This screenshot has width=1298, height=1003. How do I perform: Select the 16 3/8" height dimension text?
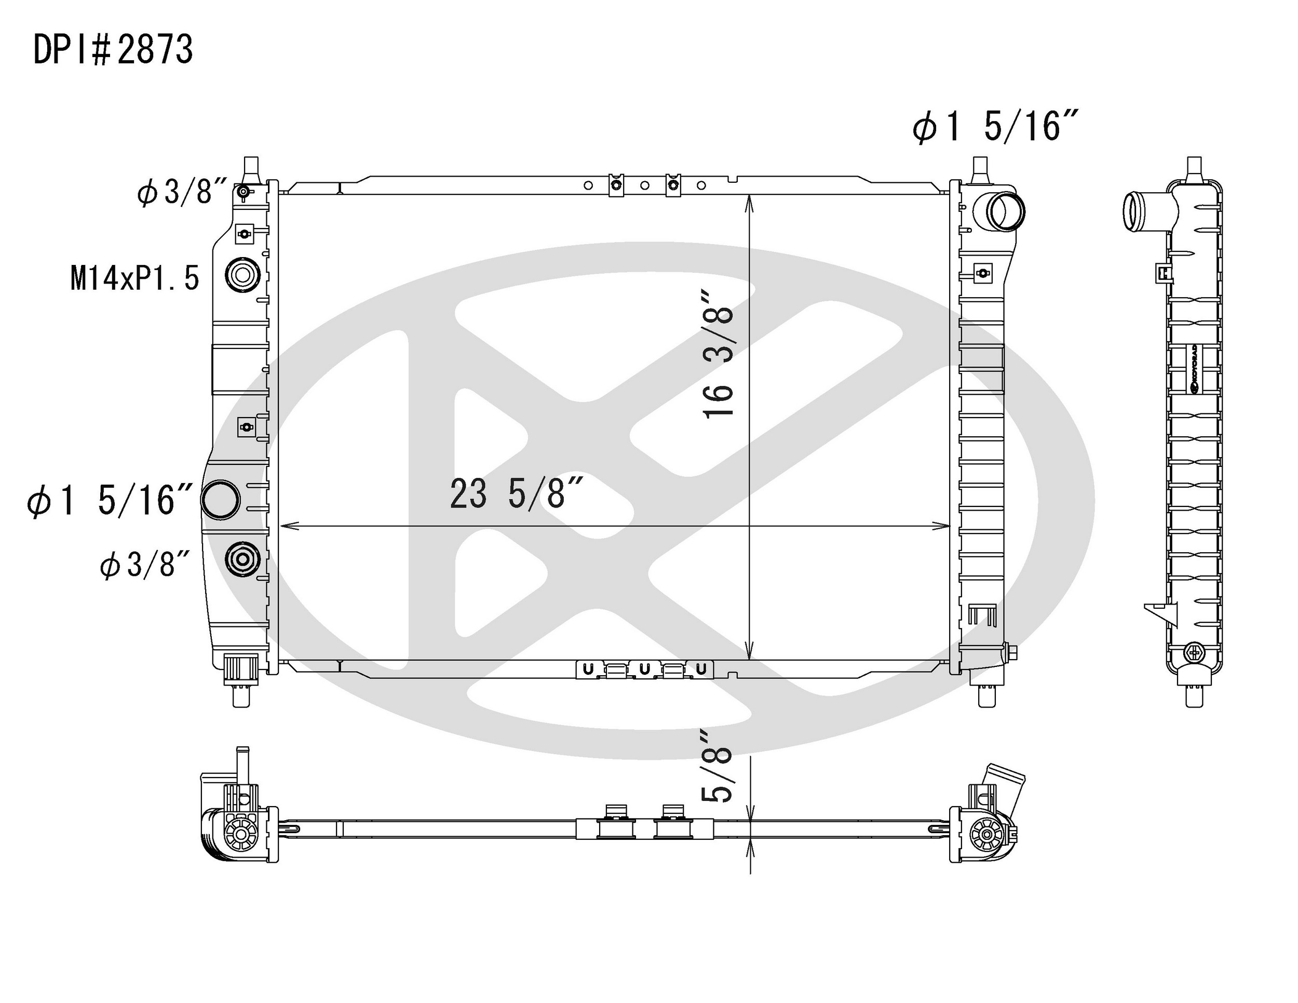coord(718,354)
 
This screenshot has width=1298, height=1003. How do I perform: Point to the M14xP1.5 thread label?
coord(135,278)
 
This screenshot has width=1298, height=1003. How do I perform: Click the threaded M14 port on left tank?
coord(242,275)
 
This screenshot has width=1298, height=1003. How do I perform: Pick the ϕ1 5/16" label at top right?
coord(995,127)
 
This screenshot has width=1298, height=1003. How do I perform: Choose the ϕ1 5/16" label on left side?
coord(110,500)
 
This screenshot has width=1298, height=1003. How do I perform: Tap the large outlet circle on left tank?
coord(221,499)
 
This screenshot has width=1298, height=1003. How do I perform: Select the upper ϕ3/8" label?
coord(182,193)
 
